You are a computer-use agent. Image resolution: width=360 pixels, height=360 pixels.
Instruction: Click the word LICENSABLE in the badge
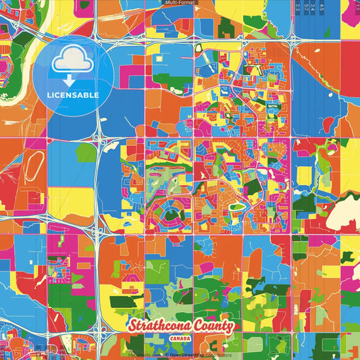(73, 95)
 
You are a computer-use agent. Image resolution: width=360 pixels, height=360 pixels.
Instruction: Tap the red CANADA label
(180, 339)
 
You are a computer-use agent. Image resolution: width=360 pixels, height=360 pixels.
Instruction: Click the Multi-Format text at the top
(180, 3)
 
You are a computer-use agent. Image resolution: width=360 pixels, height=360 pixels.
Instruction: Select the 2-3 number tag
(298, 7)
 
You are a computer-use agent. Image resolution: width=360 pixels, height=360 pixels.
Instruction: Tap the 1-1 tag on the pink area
(356, 7)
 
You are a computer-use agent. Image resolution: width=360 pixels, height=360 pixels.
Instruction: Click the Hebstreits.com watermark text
(145, 355)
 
